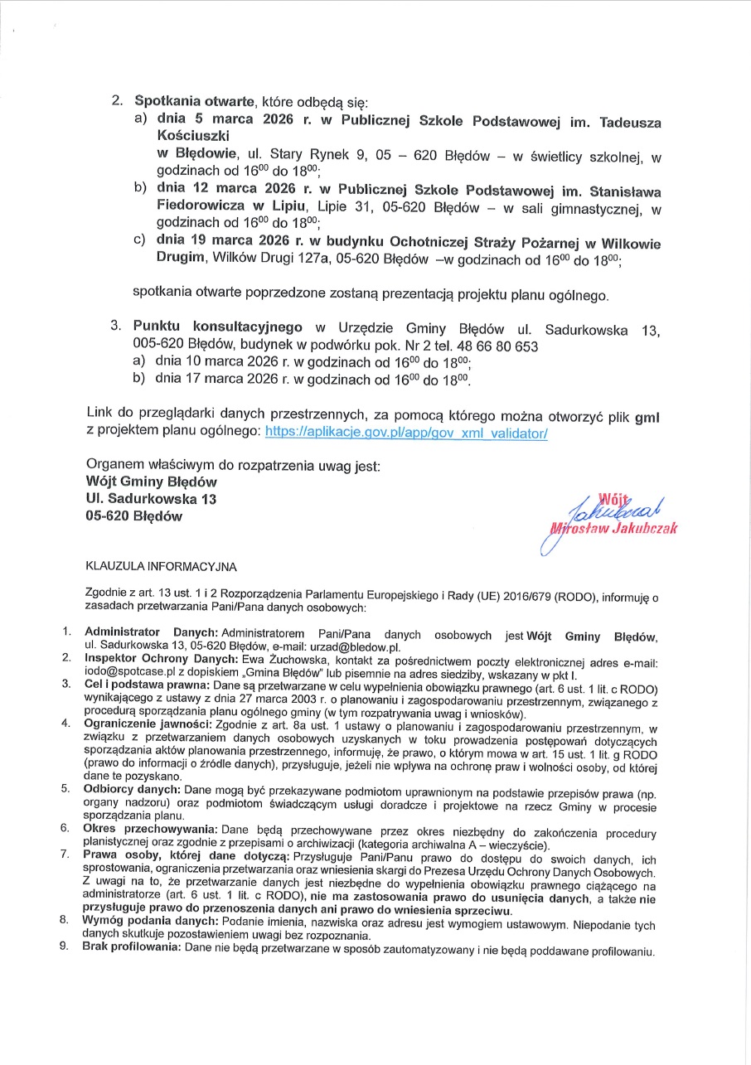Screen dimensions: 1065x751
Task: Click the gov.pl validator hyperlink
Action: point(405,433)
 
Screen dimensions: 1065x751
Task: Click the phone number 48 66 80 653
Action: point(502,346)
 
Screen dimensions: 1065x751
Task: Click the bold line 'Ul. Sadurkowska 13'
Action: point(151,498)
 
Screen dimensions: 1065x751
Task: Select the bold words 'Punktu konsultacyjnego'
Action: point(218,327)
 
